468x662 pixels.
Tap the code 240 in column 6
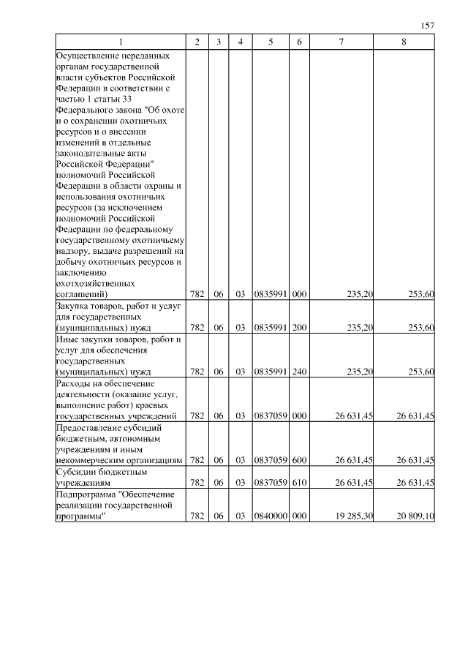click(x=299, y=372)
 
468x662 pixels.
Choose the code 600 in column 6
click(x=299, y=460)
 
